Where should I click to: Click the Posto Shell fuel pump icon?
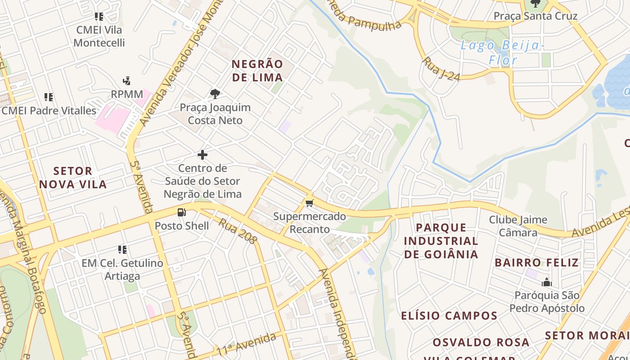coord(182,212)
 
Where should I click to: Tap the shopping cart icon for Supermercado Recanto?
coord(309,203)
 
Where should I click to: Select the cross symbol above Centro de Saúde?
coord(202,155)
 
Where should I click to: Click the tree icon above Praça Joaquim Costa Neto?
coord(215,94)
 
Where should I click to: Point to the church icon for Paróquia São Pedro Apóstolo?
coord(547,283)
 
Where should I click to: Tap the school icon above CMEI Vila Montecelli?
coord(99,17)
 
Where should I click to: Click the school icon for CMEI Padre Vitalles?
coord(49,97)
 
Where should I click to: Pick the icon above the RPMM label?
coord(127,81)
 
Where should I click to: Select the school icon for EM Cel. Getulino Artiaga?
coord(122,249)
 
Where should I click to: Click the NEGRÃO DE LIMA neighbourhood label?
coord(258,71)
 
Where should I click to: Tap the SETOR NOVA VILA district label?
coord(73,178)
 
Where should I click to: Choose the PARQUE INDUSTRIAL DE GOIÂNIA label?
coord(441,241)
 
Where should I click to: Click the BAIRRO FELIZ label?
coord(537,262)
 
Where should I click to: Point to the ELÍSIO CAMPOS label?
coord(449,315)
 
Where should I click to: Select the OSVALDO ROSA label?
coord(481,342)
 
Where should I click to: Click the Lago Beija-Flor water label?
coord(503,52)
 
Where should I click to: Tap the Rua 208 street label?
coord(237,231)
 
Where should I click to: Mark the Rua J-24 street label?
coord(441,69)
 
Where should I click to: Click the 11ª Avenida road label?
coord(246,344)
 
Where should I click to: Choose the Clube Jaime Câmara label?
coord(518,226)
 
